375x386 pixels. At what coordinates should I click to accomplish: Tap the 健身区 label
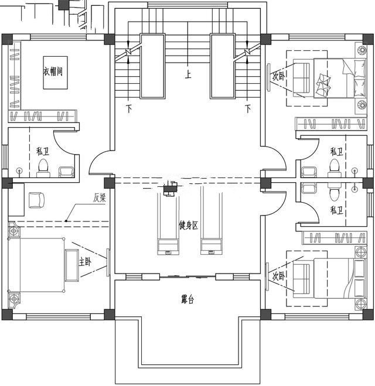pos(188,225)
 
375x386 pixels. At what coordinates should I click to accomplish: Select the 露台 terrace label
pos(187,299)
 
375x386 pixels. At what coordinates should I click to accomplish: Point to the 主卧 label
pos(86,261)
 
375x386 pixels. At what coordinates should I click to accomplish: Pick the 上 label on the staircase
pos(188,75)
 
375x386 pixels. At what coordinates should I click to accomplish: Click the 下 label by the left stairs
pos(129,108)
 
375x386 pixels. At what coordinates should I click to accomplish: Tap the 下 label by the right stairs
pos(248,108)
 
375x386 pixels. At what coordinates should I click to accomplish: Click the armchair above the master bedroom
pos(36,200)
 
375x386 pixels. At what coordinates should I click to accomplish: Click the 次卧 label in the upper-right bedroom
pos(279,76)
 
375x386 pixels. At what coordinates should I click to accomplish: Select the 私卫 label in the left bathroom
pos(42,151)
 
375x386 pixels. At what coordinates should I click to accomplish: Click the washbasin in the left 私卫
pos(66,171)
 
